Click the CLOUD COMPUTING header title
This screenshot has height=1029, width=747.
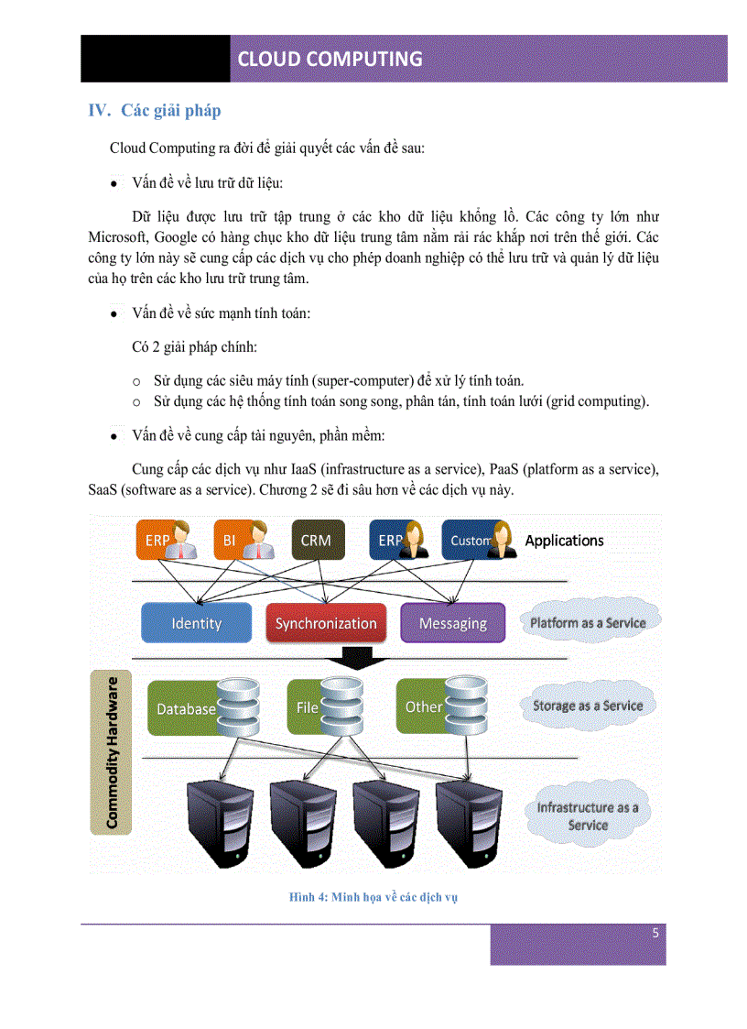(330, 60)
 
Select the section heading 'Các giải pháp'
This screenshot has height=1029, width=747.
(170, 111)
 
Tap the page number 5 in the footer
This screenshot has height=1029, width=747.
(655, 934)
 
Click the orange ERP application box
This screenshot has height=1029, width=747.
(168, 541)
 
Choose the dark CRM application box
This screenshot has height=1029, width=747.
(316, 541)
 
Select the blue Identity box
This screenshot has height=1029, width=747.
(196, 623)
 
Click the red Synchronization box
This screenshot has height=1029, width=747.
(326, 623)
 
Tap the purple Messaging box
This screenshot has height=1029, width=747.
(452, 623)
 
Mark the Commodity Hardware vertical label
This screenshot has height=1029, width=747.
(112, 753)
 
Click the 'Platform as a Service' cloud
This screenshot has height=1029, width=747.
(588, 623)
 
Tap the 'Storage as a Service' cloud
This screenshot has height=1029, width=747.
(588, 706)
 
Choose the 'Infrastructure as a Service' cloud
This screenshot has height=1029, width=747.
(588, 816)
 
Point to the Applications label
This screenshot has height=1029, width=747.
(564, 541)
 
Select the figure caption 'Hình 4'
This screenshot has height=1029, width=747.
(373, 897)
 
